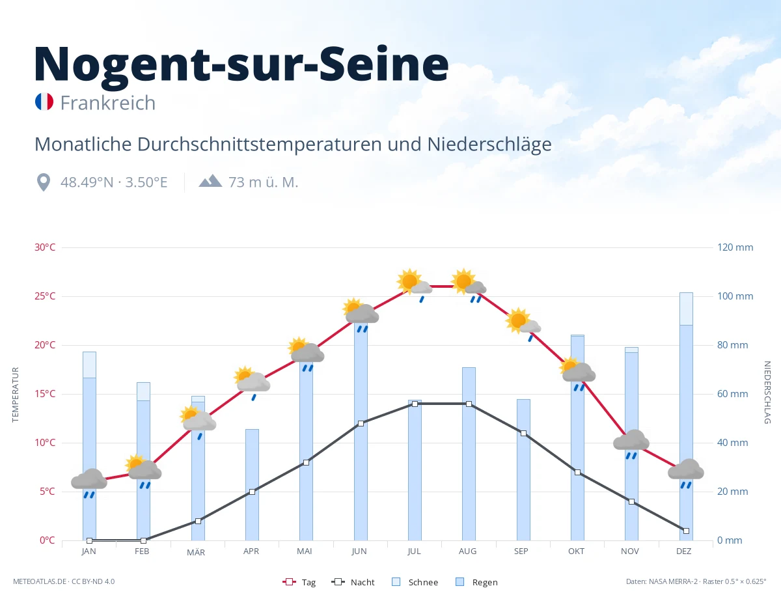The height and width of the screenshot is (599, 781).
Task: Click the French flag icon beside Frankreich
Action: tap(44, 102)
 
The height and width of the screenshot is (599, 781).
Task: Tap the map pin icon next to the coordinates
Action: tap(44, 182)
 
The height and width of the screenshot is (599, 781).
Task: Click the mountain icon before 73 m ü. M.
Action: tap(210, 180)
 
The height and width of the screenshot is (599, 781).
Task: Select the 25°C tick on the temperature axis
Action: tap(45, 296)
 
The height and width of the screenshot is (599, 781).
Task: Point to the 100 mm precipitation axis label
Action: tap(735, 296)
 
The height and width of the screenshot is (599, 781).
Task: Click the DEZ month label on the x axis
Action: tap(683, 551)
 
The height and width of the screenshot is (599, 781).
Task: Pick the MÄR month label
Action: tap(196, 552)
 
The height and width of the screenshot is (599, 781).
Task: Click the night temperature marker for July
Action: tap(415, 404)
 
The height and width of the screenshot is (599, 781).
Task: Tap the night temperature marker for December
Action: tap(686, 531)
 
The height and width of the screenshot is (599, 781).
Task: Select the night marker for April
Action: tap(252, 492)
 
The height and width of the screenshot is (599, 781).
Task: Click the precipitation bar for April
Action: tap(252, 484)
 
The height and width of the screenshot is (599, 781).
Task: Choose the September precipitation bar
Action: tap(523, 469)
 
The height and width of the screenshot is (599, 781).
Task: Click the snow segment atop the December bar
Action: tap(686, 309)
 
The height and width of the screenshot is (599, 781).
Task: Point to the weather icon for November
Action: tap(631, 444)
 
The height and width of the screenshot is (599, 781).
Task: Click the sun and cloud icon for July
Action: tap(414, 285)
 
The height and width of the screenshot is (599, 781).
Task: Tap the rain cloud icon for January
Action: tap(89, 483)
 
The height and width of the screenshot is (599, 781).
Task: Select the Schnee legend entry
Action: tap(415, 582)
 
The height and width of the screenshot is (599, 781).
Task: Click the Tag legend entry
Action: tap(299, 582)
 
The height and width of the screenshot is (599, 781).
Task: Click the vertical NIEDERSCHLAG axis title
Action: tap(767, 393)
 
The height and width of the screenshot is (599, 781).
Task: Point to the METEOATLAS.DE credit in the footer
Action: tap(40, 581)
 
